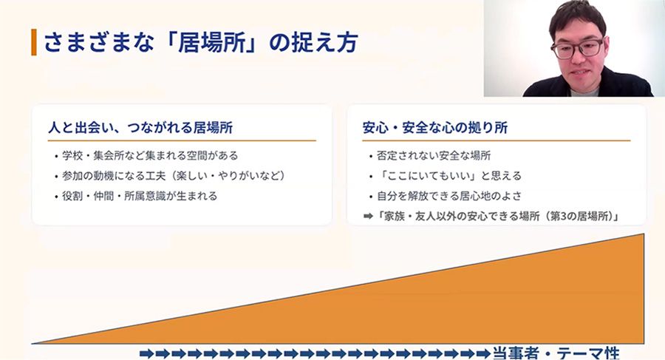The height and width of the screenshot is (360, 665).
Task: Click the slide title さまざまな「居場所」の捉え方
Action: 201,43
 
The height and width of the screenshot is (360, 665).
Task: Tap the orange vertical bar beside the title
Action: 34,42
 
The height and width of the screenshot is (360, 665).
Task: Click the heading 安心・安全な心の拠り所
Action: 435,127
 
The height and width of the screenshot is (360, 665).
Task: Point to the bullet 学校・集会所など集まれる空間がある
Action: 150,155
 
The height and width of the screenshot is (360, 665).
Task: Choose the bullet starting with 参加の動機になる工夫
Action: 174,176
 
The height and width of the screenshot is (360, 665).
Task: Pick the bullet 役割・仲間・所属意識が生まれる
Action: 140,196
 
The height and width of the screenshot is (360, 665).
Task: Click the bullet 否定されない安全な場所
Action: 434,155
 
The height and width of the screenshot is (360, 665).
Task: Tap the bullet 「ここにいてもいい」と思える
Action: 449,176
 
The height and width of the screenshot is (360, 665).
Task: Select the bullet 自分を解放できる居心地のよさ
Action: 449,196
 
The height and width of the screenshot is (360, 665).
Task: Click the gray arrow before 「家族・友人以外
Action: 368,217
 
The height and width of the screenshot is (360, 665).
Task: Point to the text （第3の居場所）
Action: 579,217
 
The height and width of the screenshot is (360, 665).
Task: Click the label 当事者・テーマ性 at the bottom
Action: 556,353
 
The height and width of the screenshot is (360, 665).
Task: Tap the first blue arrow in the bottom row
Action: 147,353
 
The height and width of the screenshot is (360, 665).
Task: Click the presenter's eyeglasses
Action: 577,48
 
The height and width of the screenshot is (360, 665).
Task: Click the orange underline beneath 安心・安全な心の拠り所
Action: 497,140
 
